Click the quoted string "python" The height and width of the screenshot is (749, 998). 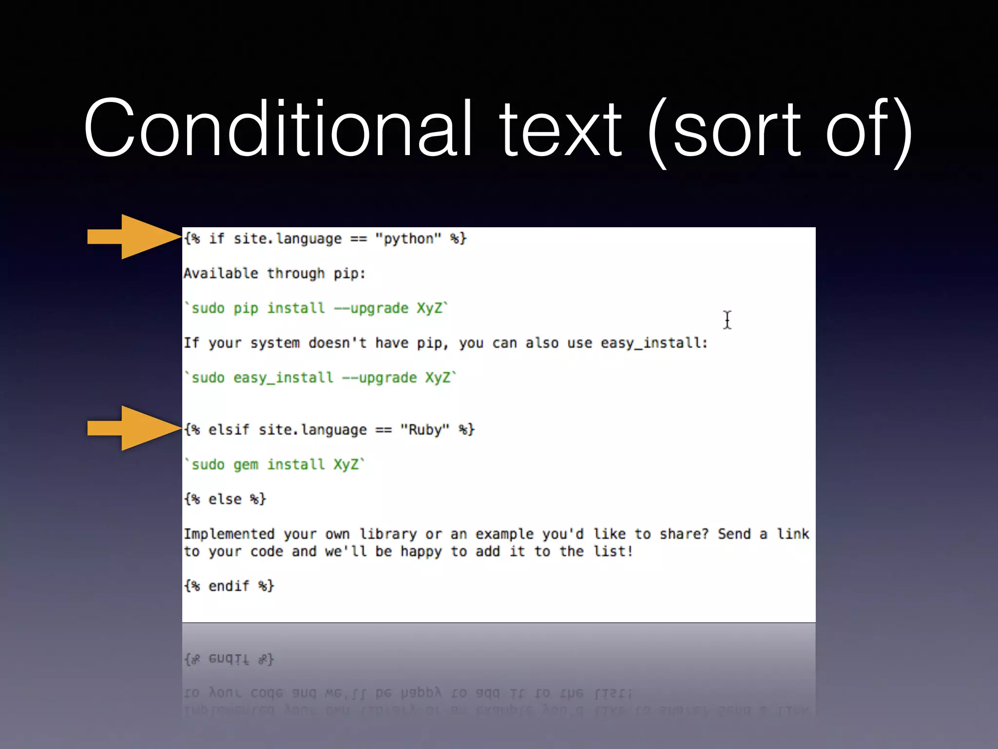(408, 239)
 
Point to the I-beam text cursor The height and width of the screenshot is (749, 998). (727, 320)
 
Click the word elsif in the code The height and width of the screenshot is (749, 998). (229, 430)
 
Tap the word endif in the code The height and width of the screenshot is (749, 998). (229, 586)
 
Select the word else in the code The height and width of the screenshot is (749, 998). (225, 499)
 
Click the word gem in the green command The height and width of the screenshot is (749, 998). (246, 465)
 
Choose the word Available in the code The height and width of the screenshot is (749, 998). (221, 274)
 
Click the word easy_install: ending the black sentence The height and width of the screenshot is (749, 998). (654, 343)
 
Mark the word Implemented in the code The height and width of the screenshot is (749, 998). (229, 534)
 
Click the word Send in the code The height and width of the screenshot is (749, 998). (734, 534)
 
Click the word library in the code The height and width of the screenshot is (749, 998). (388, 534)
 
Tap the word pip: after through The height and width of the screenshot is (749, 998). (349, 274)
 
